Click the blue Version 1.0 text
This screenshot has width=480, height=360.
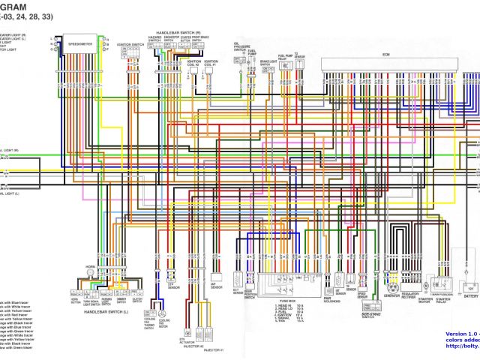pyautogui.click(x=461, y=332)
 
